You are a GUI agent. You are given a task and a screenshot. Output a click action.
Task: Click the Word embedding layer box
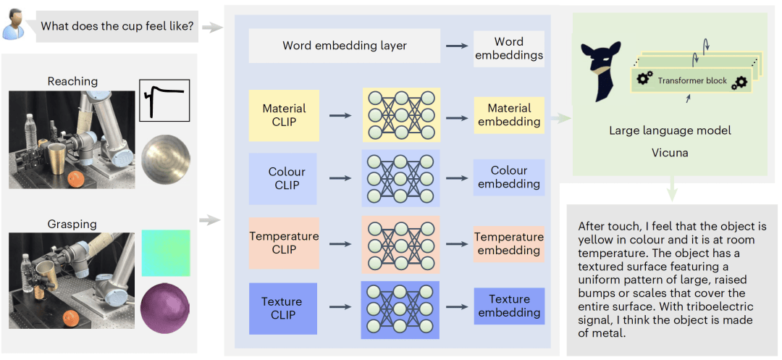(344, 46)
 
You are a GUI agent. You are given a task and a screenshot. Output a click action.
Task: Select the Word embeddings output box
(508, 48)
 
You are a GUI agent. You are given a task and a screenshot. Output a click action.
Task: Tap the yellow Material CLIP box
(284, 115)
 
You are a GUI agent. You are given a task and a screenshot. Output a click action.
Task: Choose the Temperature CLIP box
(284, 243)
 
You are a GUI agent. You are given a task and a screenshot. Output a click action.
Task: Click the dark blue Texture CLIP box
(282, 308)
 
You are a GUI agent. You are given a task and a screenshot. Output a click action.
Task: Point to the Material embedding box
(508, 115)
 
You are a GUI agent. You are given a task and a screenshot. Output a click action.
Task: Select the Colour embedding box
(508, 177)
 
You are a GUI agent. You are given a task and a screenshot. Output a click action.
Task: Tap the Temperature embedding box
(508, 243)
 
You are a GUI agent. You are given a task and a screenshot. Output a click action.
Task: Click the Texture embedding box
(508, 306)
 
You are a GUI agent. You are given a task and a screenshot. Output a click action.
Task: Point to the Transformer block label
(691, 80)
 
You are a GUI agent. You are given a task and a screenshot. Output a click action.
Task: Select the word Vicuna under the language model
(669, 153)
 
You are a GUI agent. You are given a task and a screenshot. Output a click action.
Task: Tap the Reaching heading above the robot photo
(72, 81)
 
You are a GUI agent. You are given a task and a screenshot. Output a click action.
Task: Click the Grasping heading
(72, 224)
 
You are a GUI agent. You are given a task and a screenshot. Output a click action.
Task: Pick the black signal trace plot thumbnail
(164, 100)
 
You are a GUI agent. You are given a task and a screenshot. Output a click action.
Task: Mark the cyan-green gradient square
(165, 253)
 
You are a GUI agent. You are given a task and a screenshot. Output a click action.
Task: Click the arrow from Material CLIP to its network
(340, 114)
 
